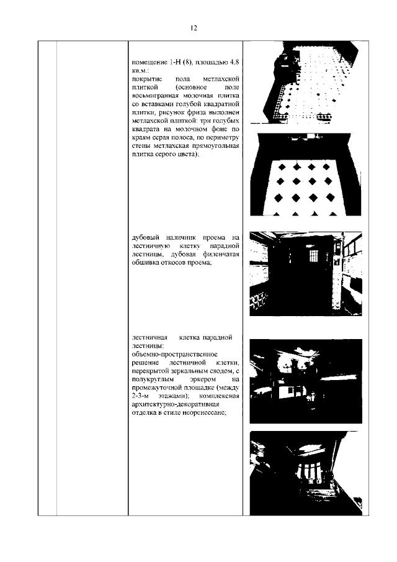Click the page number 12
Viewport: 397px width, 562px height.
(194, 28)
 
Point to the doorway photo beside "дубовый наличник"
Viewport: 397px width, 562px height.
(304, 274)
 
